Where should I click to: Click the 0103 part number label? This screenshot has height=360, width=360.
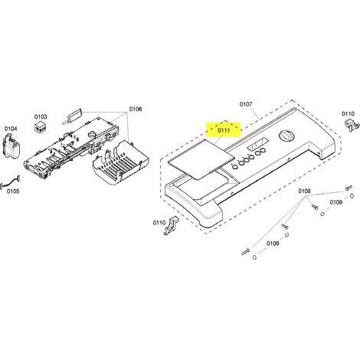pyautogui.click(x=41, y=116)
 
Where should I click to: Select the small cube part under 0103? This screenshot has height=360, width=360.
pyautogui.click(x=41, y=127)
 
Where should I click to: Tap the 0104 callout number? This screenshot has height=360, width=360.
pyautogui.click(x=11, y=129)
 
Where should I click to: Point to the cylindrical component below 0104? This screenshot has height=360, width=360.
pyautogui.click(x=11, y=146)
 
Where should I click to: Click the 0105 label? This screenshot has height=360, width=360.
pyautogui.click(x=13, y=191)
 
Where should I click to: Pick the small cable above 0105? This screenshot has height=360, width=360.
pyautogui.click(x=11, y=182)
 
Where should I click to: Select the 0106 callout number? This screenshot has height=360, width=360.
pyautogui.click(x=136, y=110)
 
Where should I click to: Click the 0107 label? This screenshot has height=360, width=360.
pyautogui.click(x=246, y=104)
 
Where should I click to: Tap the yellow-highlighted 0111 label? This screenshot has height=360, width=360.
pyautogui.click(x=224, y=130)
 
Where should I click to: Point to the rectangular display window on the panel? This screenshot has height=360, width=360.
pyautogui.click(x=257, y=145)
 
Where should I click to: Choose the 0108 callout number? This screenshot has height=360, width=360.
pyautogui.click(x=305, y=191)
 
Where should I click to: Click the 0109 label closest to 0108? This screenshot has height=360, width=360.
pyautogui.click(x=336, y=202)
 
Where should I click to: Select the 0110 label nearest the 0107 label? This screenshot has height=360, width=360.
pyautogui.click(x=349, y=113)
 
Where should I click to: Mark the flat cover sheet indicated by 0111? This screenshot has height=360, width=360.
pyautogui.click(x=201, y=159)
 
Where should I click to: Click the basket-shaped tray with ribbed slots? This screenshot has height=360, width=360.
pyautogui.click(x=120, y=163)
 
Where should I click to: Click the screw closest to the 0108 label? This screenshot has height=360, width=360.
pyautogui.click(x=314, y=207)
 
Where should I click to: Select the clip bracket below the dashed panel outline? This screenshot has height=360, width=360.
pyautogui.click(x=170, y=225)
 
